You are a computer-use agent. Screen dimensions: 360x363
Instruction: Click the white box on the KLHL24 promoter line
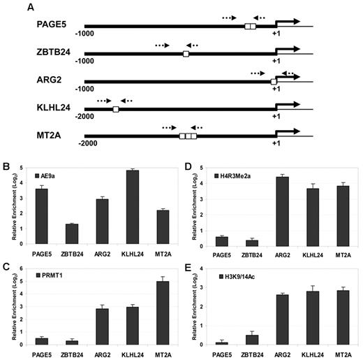(116, 110)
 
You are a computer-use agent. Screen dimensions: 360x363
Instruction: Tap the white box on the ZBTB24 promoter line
(186, 54)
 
